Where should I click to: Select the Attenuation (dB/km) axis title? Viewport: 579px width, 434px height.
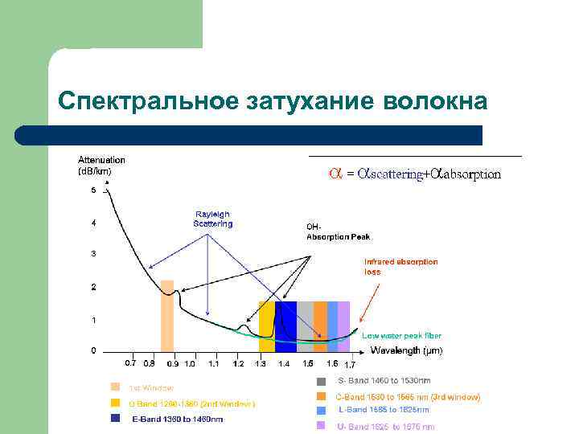coord(101,165)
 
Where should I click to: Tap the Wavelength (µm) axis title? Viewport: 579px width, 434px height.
coord(406,350)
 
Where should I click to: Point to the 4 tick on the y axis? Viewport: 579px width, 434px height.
coord(94,223)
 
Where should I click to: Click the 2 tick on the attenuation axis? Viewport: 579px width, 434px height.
coord(94,287)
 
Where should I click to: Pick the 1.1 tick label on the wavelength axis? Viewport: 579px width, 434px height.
coord(214,364)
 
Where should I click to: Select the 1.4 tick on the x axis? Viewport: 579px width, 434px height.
coord(284,364)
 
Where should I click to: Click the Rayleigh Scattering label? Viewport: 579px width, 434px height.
coord(212,219)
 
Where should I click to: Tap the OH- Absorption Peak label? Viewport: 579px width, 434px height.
coord(338,231)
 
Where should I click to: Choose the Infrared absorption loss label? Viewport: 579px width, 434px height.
coord(400,267)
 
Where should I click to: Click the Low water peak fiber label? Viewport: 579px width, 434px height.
coord(401,335)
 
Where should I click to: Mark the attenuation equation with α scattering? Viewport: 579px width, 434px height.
coord(415,174)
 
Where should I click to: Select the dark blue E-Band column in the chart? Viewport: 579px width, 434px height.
coord(285,326)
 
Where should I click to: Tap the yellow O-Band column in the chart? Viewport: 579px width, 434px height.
coord(266,326)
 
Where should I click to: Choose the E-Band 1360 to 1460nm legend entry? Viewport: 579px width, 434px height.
coord(177,419)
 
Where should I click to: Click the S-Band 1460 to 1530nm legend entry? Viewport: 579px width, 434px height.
coord(384,380)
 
